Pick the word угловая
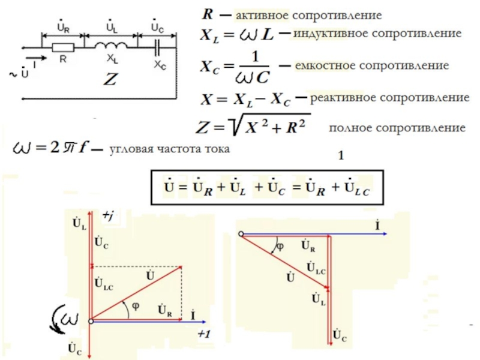tap(128, 148)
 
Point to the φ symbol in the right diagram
tap(280, 247)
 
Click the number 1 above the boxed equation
tap(340, 157)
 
